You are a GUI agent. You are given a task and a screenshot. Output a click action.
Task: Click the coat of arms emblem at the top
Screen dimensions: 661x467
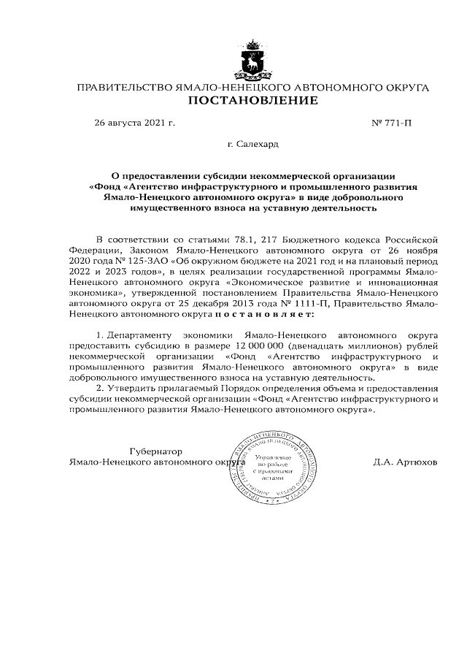(252, 64)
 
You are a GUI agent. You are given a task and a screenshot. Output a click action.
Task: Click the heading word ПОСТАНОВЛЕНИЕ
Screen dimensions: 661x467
(252, 100)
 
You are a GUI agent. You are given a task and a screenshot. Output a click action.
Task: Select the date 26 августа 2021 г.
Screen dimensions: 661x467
(135, 123)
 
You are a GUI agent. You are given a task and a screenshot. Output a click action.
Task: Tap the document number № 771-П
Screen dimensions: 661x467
(392, 123)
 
